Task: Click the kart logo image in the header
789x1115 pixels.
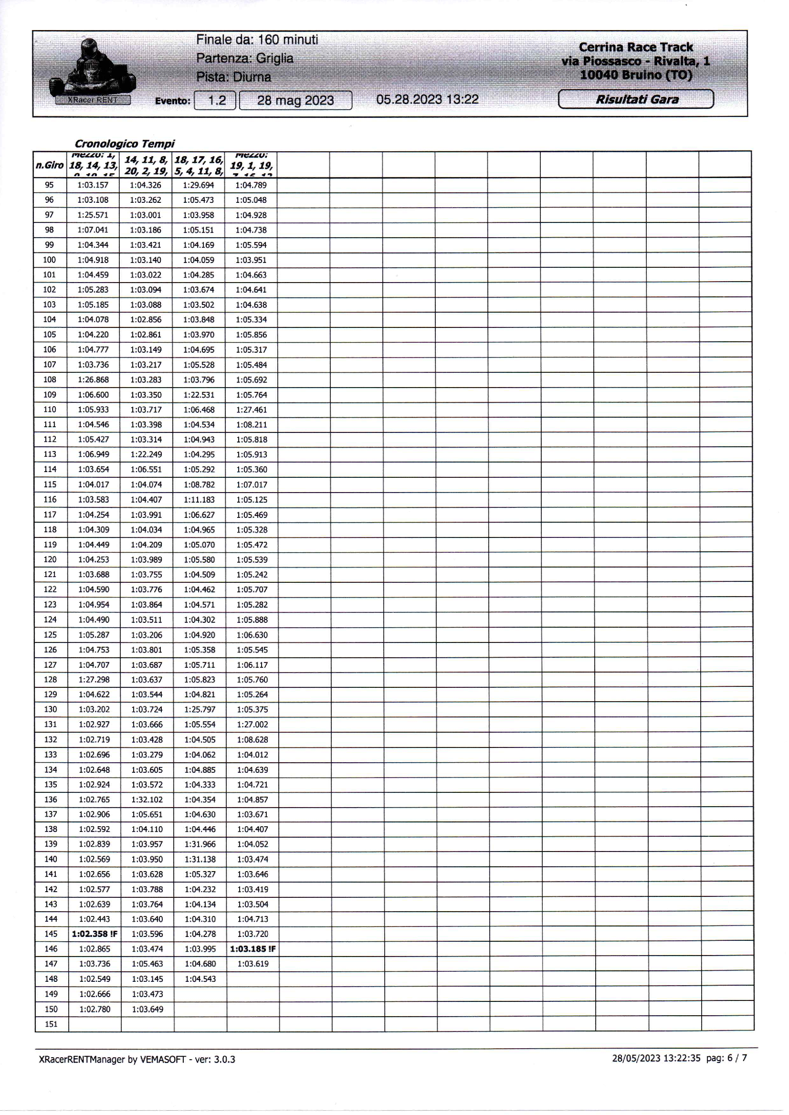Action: tap(92, 72)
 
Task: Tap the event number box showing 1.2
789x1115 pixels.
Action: tap(215, 101)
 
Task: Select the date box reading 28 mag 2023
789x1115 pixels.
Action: tap(295, 101)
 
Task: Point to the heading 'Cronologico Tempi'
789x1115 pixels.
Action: tap(125, 144)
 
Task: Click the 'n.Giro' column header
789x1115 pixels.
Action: tap(50, 165)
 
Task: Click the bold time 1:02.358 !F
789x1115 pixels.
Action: tap(94, 934)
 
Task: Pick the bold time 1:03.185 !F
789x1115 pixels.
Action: tap(252, 949)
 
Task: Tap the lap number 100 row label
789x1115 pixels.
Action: tap(50, 260)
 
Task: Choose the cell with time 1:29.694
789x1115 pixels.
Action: tap(199, 185)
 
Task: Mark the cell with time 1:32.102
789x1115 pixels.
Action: tap(147, 799)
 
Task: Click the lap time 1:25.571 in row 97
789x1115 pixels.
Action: tap(93, 215)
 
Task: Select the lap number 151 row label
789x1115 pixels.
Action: tap(51, 1024)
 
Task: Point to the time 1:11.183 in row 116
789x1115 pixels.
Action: tap(199, 499)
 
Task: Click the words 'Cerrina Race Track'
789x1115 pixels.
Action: tap(635, 47)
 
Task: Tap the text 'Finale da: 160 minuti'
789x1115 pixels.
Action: tap(257, 40)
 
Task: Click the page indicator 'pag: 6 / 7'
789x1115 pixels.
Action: tap(726, 1058)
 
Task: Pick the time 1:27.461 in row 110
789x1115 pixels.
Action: tap(252, 410)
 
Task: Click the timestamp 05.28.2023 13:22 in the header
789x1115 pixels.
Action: tap(427, 100)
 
